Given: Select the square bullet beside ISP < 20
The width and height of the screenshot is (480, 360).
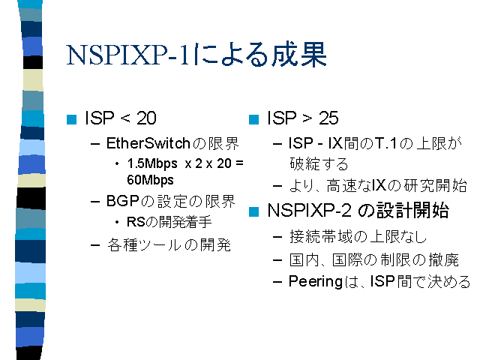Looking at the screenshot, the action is coord(71,119).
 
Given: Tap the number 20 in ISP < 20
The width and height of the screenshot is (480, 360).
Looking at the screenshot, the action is coord(146,118).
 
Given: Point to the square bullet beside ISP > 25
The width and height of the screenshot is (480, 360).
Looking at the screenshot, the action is coord(253,119).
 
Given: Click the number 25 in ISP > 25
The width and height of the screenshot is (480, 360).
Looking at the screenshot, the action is coord(328,118).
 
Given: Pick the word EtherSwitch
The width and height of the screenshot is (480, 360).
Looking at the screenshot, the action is coord(148,143).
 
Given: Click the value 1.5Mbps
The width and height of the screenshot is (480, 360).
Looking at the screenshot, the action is coord(152,163).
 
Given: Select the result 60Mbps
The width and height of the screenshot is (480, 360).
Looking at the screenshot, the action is coord(150,180).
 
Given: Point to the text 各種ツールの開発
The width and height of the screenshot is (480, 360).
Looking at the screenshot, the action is coord(169,245).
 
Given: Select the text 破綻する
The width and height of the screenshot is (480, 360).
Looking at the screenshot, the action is coord(319,163).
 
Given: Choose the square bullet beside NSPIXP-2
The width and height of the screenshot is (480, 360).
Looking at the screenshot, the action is coord(253,211).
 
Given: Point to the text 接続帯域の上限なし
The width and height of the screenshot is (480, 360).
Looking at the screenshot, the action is coord(358,237).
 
